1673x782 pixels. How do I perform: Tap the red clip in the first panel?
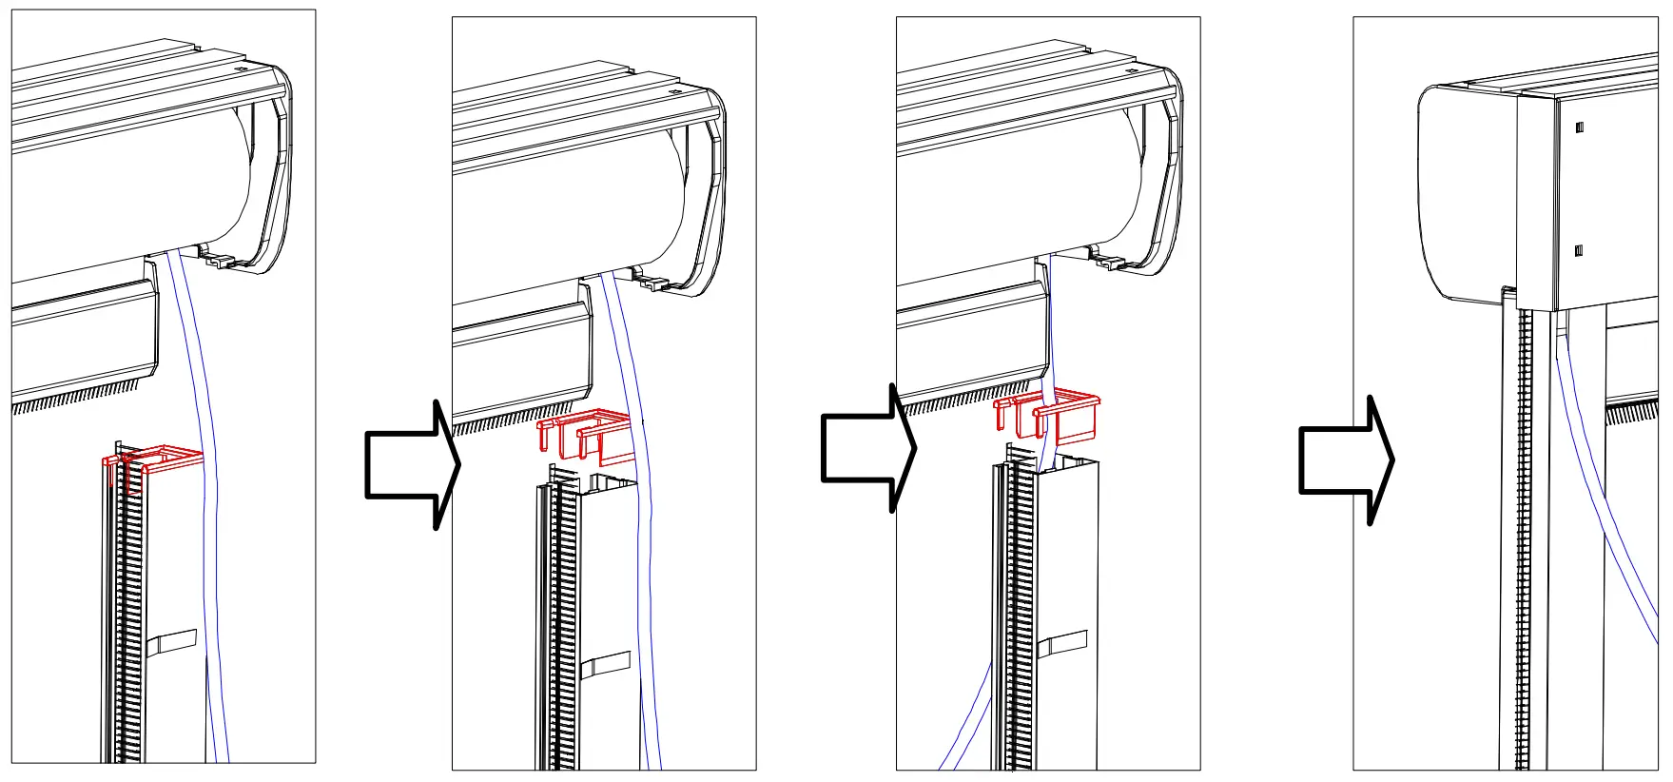(x=157, y=461)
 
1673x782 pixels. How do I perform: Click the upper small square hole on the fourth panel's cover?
(x=1579, y=127)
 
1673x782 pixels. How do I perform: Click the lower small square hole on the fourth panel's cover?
(x=1579, y=251)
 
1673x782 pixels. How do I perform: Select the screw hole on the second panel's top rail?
(x=674, y=92)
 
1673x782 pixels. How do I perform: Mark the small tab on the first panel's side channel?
(x=175, y=642)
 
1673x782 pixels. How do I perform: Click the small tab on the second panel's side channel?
(x=605, y=664)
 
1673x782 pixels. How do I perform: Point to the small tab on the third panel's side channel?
(x=1062, y=644)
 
